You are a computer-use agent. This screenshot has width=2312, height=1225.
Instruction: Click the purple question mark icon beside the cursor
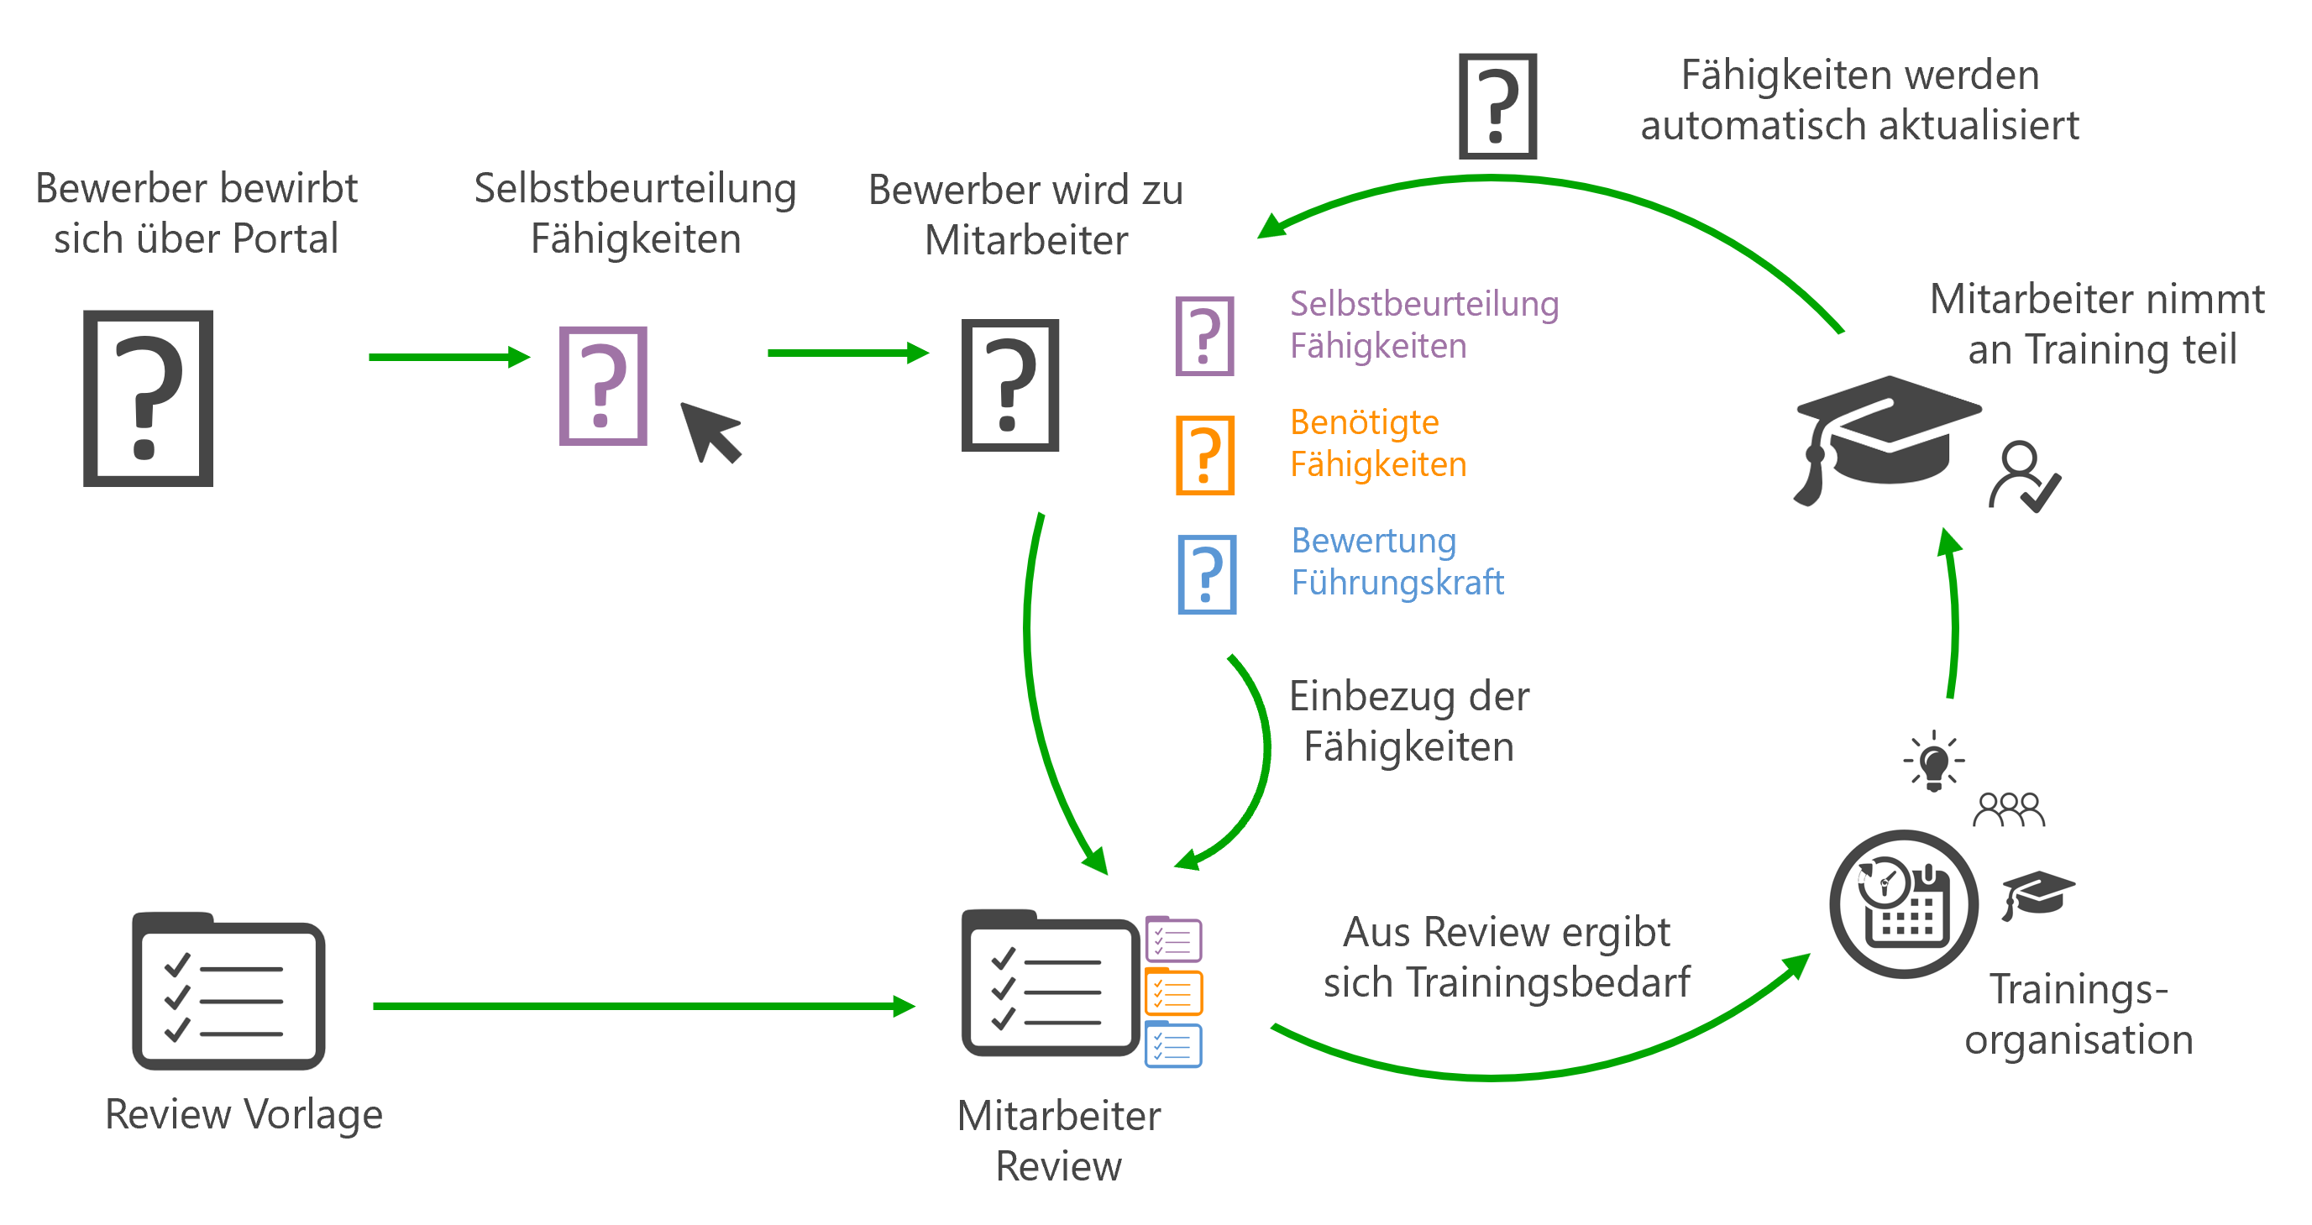click(603, 386)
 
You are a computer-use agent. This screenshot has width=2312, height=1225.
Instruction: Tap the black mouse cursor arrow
click(710, 432)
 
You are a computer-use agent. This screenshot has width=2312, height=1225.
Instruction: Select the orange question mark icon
click(1205, 455)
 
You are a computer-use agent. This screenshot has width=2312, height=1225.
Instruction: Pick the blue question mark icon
click(1207, 574)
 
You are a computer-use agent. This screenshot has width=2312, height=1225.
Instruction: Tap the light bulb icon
click(1934, 762)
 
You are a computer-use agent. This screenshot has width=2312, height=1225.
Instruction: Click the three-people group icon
click(2009, 809)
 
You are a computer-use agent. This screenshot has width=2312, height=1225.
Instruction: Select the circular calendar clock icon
click(1904, 903)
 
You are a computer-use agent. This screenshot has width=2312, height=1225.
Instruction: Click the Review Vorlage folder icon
click(229, 991)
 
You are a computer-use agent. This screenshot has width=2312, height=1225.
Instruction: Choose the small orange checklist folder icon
click(1174, 992)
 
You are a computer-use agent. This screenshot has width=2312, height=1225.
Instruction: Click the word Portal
click(286, 238)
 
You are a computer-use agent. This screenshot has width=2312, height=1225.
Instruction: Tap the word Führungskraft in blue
click(1397, 584)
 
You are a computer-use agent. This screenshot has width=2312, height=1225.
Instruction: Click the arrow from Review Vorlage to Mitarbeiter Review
click(644, 1006)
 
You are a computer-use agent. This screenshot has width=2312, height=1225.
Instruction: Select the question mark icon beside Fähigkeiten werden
click(1498, 106)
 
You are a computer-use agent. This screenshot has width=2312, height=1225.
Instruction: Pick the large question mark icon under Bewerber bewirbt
click(148, 399)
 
